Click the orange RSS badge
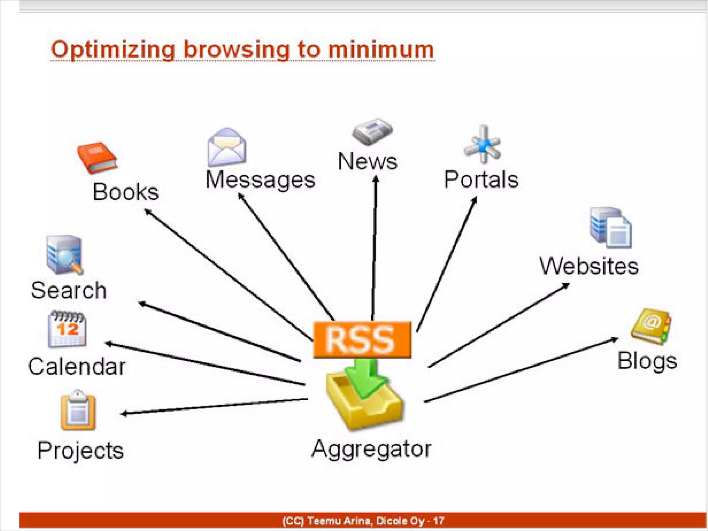tap(362, 339)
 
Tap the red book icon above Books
tap(97, 158)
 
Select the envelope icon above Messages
tap(227, 147)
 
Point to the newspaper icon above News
tap(372, 131)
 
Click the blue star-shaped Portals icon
tap(483, 145)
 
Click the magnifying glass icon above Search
tap(65, 255)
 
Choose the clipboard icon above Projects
tap(78, 410)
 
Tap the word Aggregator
tap(371, 449)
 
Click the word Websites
tap(589, 267)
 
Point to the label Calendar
tap(77, 366)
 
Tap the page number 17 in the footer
tap(438, 521)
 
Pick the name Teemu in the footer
tap(323, 521)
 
